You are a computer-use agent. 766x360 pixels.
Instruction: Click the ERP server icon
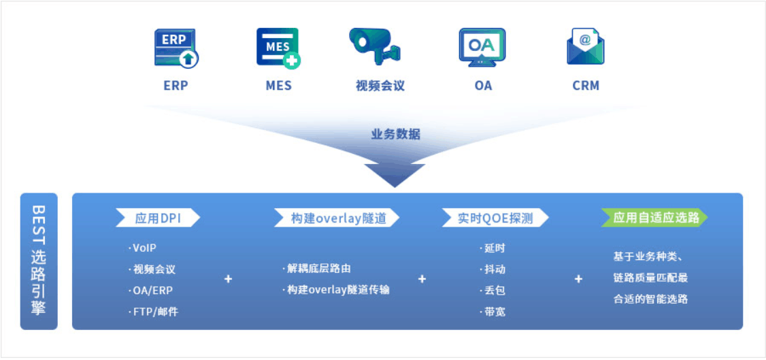[176, 48]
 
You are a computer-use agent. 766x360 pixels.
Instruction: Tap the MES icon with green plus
[278, 48]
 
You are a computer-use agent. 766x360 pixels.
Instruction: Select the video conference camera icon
[375, 46]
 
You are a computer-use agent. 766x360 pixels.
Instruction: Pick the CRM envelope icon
[585, 46]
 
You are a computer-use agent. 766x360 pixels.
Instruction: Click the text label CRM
[586, 86]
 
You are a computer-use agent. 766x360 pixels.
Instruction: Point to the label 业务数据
[395, 135]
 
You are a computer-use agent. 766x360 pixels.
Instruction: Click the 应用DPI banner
[158, 218]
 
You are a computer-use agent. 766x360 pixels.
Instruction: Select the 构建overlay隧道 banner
[337, 218]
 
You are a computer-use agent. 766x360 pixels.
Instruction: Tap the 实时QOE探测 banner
[495, 218]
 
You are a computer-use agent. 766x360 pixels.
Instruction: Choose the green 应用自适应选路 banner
[654, 218]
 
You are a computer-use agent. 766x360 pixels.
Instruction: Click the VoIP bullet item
[143, 248]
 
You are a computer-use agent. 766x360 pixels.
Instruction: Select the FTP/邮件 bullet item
[153, 312]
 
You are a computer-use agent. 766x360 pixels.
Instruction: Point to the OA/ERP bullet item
[150, 291]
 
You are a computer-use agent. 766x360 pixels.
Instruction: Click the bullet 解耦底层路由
[316, 269]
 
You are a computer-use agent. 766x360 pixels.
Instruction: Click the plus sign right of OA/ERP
[228, 280]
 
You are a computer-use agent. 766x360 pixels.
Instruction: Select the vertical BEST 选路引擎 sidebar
[39, 261]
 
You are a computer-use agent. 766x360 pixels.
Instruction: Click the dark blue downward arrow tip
[395, 187]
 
